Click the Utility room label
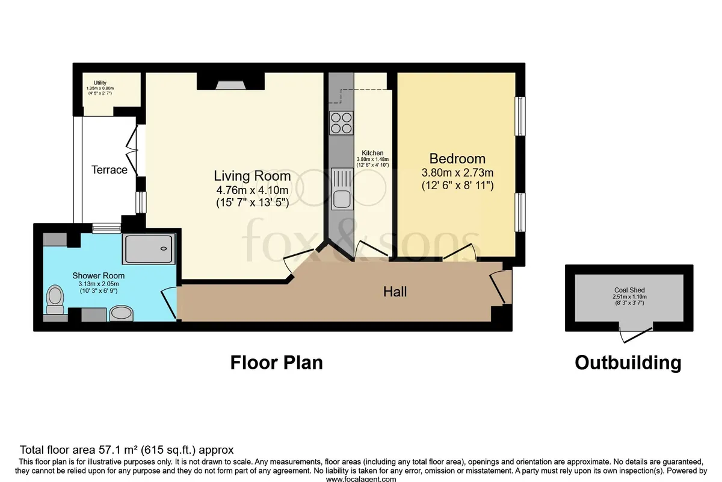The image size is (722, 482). tap(100, 83)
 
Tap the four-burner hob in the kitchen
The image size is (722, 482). tap(341, 123)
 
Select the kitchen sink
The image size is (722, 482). tap(341, 189)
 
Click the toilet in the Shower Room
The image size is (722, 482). tap(55, 299)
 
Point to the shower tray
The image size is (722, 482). tap(149, 249)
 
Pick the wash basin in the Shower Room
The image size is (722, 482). tap(122, 313)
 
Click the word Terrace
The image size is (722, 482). tap(110, 170)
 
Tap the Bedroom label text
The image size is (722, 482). tap(457, 159)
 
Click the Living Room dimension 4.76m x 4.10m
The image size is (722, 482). tap(252, 190)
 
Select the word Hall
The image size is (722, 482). tap(395, 292)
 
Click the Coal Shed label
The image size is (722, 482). tap(629, 290)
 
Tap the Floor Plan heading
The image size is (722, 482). tap(277, 363)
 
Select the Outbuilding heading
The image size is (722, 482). tap(628, 363)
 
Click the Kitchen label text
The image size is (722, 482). tap(372, 152)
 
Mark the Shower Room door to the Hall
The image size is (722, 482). tap(169, 304)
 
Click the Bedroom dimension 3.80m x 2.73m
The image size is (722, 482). tap(457, 173)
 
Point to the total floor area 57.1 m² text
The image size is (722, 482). tap(127, 449)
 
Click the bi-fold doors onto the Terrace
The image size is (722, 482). tap(132, 151)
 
